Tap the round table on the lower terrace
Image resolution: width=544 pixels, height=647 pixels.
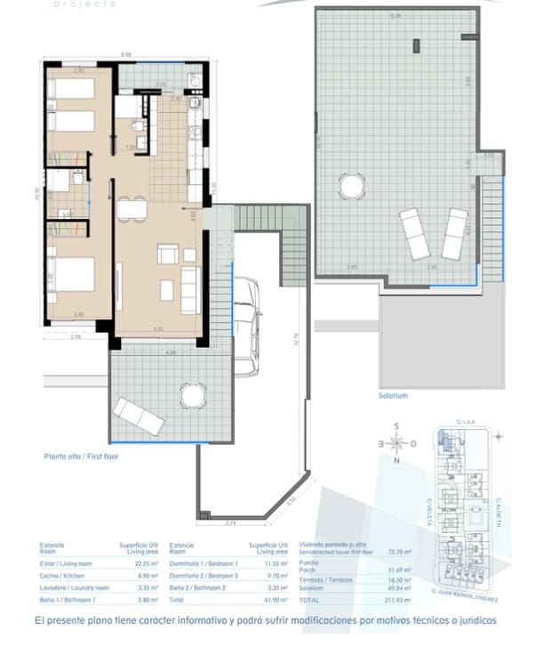point(191,393)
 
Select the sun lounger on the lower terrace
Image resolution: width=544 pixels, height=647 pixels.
point(138,416)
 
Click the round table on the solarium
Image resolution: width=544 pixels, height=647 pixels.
point(351,187)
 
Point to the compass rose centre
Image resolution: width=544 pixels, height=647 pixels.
point(399,441)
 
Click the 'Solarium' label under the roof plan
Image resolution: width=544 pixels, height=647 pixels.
point(392,395)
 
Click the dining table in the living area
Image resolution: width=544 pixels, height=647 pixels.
point(132,210)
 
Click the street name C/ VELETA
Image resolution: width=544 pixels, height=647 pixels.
point(428,511)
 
